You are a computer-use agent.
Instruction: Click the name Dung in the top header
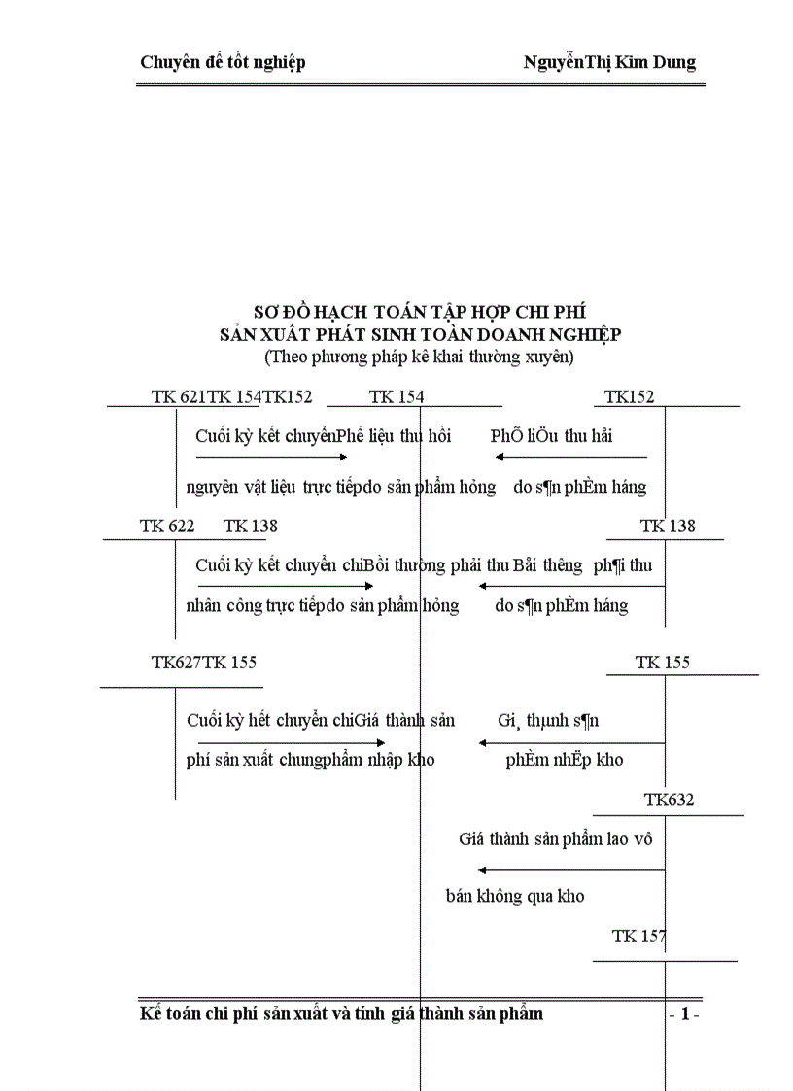pyautogui.click(x=672, y=63)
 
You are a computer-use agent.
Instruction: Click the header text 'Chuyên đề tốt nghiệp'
pyautogui.click(x=223, y=63)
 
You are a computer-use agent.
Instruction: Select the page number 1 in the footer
pyautogui.click(x=684, y=1015)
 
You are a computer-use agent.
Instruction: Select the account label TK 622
pyautogui.click(x=167, y=526)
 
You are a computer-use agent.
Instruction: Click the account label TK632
pyautogui.click(x=669, y=801)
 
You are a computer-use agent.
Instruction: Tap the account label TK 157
pyautogui.click(x=638, y=937)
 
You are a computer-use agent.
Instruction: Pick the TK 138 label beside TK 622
pyautogui.click(x=250, y=526)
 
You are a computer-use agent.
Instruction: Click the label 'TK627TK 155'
pyautogui.click(x=204, y=663)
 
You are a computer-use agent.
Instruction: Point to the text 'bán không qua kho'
pyautogui.click(x=515, y=896)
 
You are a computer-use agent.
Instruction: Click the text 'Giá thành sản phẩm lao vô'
pyautogui.click(x=555, y=839)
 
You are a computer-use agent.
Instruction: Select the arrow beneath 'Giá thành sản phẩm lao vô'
pyautogui.click(x=570, y=870)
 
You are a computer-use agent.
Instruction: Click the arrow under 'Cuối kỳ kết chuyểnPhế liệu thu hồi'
pyautogui.click(x=272, y=457)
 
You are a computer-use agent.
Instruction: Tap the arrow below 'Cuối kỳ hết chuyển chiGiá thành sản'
pyautogui.click(x=293, y=743)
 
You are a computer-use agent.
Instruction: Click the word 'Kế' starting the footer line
pyautogui.click(x=150, y=1014)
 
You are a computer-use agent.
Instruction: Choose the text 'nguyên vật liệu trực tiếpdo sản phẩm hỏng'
pyautogui.click(x=341, y=486)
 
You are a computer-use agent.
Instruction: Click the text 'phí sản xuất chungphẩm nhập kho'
pyautogui.click(x=310, y=760)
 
